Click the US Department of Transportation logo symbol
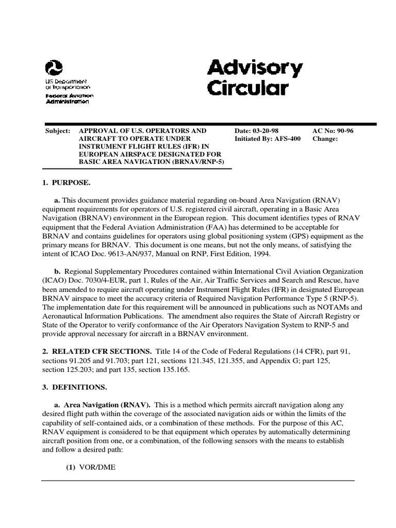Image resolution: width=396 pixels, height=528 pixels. coord(54,68)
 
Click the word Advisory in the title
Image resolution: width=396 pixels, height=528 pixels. coord(255,68)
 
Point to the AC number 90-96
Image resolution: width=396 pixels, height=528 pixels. coord(343,131)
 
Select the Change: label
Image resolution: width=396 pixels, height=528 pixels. coord(325,139)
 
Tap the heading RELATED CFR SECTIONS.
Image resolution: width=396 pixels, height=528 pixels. coord(101,351)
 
